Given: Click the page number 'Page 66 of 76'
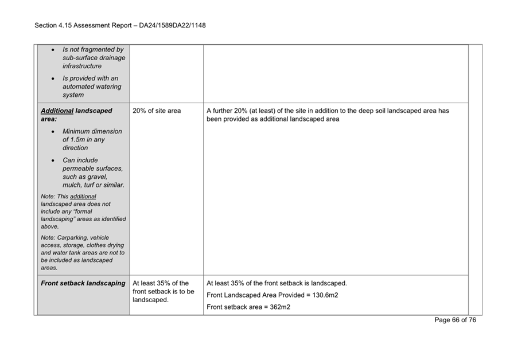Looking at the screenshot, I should click(455, 320).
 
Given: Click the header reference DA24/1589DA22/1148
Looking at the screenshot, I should click(167, 25).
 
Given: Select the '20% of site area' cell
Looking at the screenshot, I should click(156, 111).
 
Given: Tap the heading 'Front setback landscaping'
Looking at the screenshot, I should click(83, 283).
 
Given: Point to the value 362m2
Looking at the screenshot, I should click(277, 307).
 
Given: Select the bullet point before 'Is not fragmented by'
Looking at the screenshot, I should click(53, 50).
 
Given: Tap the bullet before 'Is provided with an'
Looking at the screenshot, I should click(53, 79).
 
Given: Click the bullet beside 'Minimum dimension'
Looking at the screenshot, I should click(53, 132).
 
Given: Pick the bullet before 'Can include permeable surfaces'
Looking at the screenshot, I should click(53, 161).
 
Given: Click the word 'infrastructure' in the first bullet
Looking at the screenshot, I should click(82, 66).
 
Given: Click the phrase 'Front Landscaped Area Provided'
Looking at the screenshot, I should click(253, 295).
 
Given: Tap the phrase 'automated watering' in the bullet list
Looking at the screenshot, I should click(92, 87).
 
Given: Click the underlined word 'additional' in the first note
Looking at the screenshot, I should click(83, 197).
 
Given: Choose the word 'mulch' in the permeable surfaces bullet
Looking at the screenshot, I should click(73, 185).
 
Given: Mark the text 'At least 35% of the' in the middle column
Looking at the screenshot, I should click(160, 283).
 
